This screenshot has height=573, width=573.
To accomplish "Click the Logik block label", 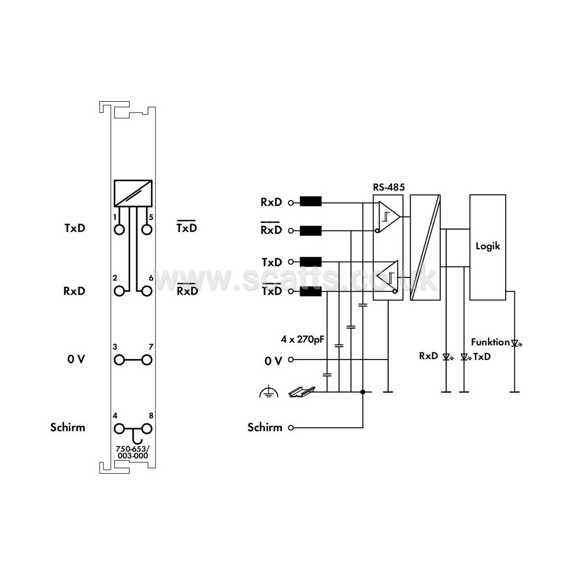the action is pos(488,246).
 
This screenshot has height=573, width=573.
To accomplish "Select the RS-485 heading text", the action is pos(389,187).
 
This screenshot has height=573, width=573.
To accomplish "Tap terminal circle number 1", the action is pos(119,230).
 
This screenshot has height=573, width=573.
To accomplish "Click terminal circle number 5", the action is pos(147,230).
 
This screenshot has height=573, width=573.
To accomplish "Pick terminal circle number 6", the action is pos(147,291).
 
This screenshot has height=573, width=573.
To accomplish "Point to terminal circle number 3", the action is pos(119,360).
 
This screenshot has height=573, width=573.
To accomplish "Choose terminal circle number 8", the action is pos(147,429).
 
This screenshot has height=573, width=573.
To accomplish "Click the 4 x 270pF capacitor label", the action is pos(302,340).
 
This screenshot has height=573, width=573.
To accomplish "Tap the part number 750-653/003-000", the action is pos(133,452).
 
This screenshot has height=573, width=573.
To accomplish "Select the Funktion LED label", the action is pos(490,342).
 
